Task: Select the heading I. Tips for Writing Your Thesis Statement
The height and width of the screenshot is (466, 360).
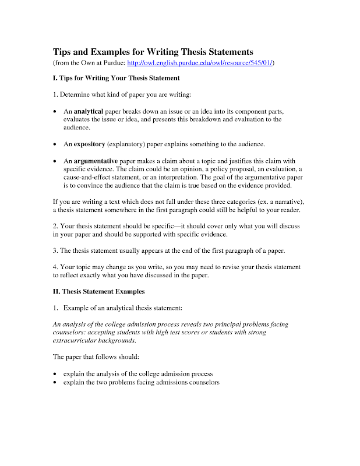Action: click(116, 77)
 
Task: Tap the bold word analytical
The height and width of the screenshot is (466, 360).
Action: click(88, 111)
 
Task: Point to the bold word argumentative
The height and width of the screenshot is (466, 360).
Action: click(96, 161)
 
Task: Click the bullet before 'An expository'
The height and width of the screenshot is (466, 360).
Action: click(55, 144)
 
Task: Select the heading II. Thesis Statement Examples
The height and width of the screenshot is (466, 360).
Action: click(98, 291)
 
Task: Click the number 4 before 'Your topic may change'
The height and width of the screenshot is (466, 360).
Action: click(55, 267)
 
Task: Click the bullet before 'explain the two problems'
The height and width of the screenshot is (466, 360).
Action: click(55, 383)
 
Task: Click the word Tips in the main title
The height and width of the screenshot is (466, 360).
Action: click(62, 51)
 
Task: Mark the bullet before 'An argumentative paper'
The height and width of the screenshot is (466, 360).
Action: click(55, 161)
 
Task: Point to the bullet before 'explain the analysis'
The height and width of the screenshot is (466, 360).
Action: click(55, 373)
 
